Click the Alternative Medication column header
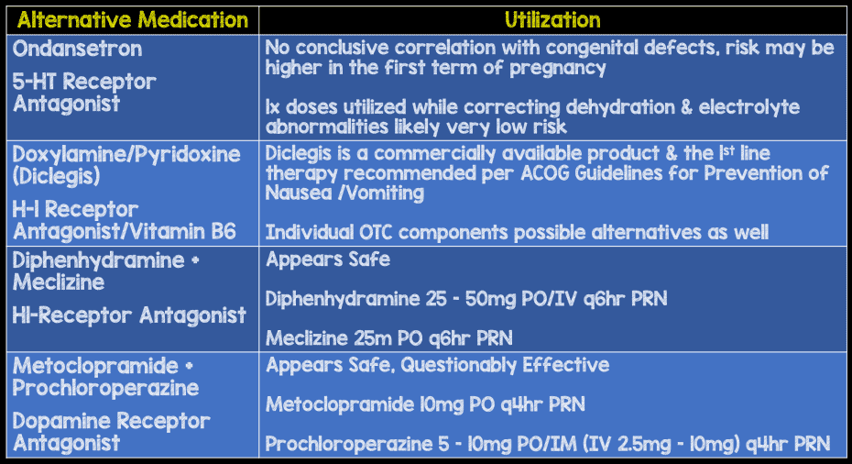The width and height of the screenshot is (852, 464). [x=130, y=19]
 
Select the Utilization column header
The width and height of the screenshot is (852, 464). [x=552, y=19]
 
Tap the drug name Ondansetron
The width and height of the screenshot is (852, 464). [x=78, y=48]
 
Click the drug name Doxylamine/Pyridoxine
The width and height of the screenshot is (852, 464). [x=126, y=153]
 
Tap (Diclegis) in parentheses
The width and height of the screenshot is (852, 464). [x=53, y=175]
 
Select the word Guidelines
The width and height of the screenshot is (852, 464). [x=615, y=172]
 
